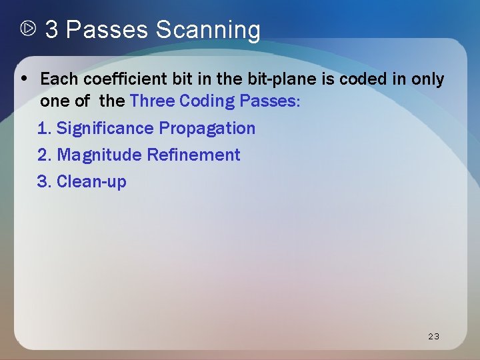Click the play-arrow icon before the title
click(28, 29)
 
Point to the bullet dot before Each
click(24, 77)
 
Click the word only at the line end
click(427, 79)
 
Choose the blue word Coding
click(207, 101)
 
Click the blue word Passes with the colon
click(273, 101)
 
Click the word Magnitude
click(100, 155)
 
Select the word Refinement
click(193, 155)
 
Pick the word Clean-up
click(91, 181)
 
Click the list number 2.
click(43, 155)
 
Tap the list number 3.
click(43, 181)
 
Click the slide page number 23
click(433, 336)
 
